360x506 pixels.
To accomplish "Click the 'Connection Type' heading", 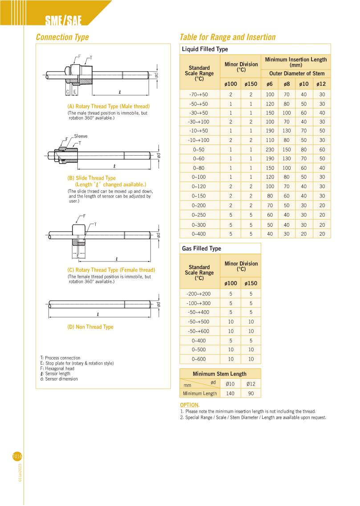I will tap(62, 37).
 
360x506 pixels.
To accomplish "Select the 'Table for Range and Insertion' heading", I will tap(227, 37).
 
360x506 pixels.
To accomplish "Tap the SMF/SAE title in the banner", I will tap(64, 20).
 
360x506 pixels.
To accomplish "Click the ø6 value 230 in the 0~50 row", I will tap(270, 149).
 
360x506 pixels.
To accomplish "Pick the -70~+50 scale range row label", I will tap(199, 94).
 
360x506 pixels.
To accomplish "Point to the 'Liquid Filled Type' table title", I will tap(205, 49).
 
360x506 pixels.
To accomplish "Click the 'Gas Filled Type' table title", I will tap(202, 249).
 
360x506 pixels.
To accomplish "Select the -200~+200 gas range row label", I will tap(199, 293).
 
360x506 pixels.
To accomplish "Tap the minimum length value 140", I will tap(231, 394).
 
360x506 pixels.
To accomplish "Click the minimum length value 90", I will tap(251, 394).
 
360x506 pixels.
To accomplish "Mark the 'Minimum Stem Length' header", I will tap(219, 373).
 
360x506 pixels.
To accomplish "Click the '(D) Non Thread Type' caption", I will tap(90, 327).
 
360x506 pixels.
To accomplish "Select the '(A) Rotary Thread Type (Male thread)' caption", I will tap(108, 107).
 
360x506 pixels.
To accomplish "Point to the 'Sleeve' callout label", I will tap(81, 136).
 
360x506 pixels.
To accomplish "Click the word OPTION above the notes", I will tap(189, 405).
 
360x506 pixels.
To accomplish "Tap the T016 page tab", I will tap(17, 457).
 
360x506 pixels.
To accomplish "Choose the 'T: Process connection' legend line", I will tap(60, 358).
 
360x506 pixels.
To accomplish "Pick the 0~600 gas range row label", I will tap(199, 359).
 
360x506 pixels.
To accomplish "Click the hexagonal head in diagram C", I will tap(78, 231).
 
